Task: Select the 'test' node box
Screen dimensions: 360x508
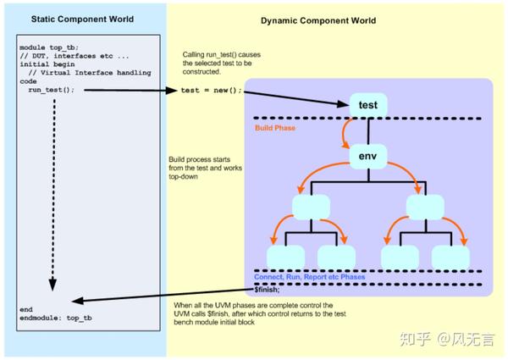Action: (x=368, y=104)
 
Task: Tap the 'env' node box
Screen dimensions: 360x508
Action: (x=368, y=157)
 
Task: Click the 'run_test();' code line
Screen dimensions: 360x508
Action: (x=51, y=89)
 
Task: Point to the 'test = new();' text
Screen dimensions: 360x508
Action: (x=211, y=90)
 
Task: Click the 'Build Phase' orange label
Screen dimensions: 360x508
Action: (x=274, y=129)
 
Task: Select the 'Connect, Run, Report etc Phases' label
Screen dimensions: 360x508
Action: (x=310, y=277)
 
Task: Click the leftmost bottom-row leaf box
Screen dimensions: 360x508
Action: (x=285, y=257)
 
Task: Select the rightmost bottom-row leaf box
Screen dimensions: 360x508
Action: (x=450, y=257)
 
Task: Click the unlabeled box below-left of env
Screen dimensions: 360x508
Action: (x=310, y=206)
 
